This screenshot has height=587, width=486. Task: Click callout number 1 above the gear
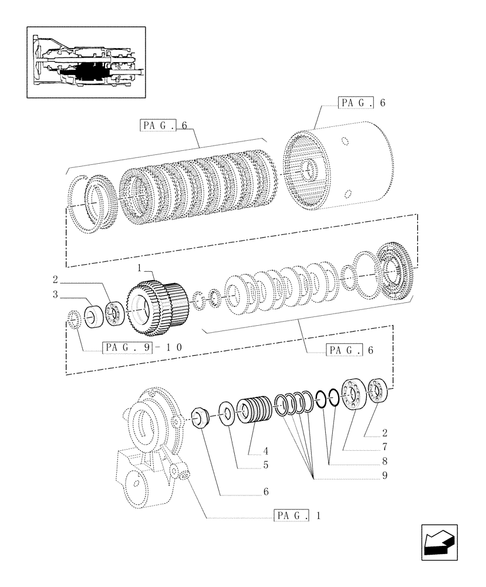click(x=139, y=268)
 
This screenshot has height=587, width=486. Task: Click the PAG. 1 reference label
click(x=298, y=516)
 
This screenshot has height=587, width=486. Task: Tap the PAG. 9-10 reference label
click(x=143, y=348)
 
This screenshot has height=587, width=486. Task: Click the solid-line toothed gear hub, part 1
click(x=154, y=303)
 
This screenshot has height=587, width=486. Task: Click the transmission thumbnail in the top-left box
click(x=87, y=62)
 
